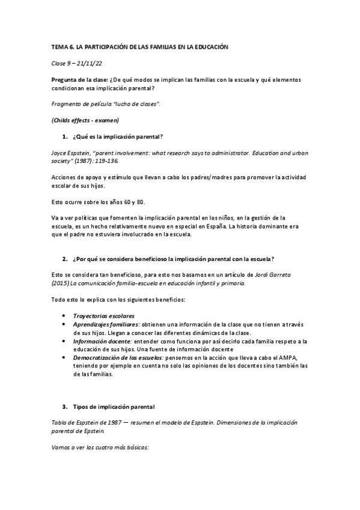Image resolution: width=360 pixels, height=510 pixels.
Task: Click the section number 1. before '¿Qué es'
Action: [x=64, y=137]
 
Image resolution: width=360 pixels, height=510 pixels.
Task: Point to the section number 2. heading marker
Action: [x=64, y=259]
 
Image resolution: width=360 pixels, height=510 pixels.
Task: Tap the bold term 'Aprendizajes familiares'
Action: [x=106, y=324]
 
